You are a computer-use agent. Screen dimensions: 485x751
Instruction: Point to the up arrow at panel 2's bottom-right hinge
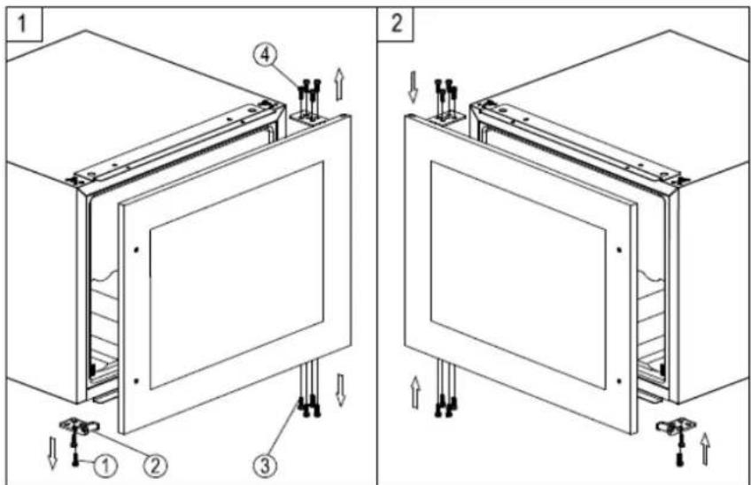pos(707,449)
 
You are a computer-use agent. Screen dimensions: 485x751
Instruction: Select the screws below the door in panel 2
pos(445,398)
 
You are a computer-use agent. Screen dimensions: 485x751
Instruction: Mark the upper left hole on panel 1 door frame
pos(135,250)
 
